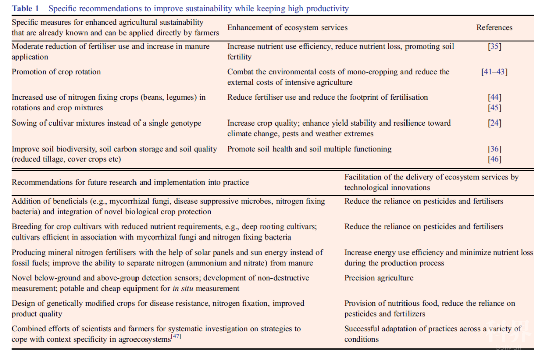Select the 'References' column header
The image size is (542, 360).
tap(494, 28)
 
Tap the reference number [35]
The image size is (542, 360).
tap(494, 46)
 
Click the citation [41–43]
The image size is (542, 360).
tap(494, 72)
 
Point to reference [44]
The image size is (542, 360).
tap(494, 97)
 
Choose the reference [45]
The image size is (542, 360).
tap(494, 108)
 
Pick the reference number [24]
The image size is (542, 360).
tap(494, 123)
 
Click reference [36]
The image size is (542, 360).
tap(494, 149)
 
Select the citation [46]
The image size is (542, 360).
tap(494, 159)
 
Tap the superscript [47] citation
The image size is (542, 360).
tap(176, 336)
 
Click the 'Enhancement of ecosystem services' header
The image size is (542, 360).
tap(287, 28)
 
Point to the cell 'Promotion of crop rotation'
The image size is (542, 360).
tap(56, 72)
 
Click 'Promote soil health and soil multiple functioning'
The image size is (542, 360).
tap(309, 149)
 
